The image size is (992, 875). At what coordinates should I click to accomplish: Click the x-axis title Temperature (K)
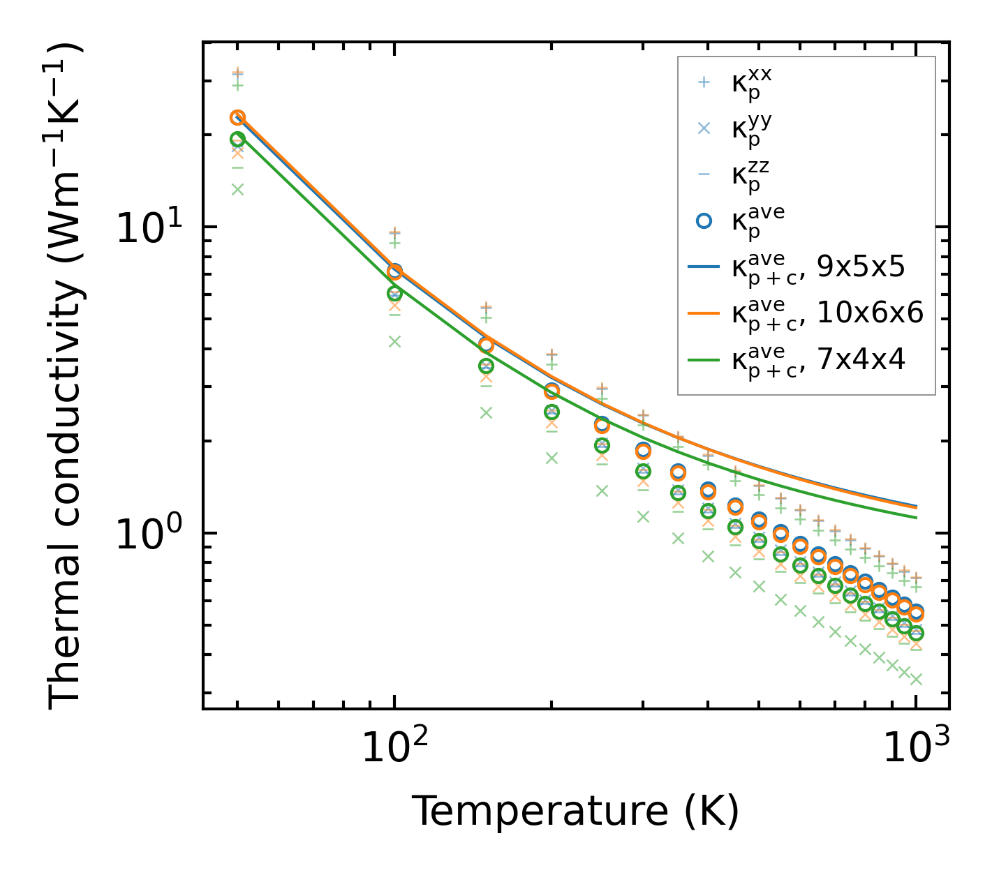(x=575, y=811)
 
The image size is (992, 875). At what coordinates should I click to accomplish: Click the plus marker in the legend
(x=704, y=82)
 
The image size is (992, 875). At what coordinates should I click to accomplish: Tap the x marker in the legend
(x=704, y=128)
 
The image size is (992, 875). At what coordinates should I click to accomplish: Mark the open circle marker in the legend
(x=704, y=220)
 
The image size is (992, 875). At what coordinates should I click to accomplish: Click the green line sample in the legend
(x=704, y=360)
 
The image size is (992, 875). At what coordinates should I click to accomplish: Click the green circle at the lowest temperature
(x=237, y=139)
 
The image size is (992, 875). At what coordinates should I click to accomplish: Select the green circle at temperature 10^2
(x=394, y=294)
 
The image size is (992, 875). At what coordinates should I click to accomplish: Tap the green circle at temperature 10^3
(x=916, y=634)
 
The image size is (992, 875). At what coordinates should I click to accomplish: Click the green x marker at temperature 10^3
(x=916, y=679)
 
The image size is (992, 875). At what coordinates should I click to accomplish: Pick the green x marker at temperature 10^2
(x=394, y=341)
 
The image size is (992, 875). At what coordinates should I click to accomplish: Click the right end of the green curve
(x=915, y=517)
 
